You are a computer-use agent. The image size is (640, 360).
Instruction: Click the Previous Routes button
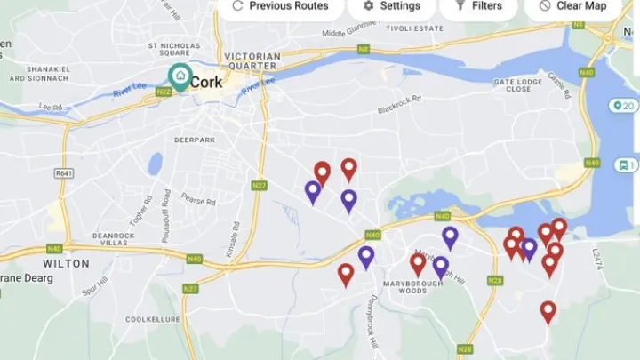click(280, 6)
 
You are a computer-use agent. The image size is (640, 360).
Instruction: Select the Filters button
click(478, 6)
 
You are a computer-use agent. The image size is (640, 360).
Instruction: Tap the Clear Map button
click(572, 6)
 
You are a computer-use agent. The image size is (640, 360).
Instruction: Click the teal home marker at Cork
click(180, 77)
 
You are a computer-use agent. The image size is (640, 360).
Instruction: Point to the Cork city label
click(206, 81)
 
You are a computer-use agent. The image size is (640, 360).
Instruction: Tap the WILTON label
click(67, 264)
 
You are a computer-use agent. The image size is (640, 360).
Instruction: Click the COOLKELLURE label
click(153, 319)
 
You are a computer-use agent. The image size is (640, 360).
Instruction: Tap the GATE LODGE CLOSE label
click(517, 85)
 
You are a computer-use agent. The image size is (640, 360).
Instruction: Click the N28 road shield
click(495, 280)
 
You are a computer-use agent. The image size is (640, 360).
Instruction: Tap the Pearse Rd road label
click(199, 199)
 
